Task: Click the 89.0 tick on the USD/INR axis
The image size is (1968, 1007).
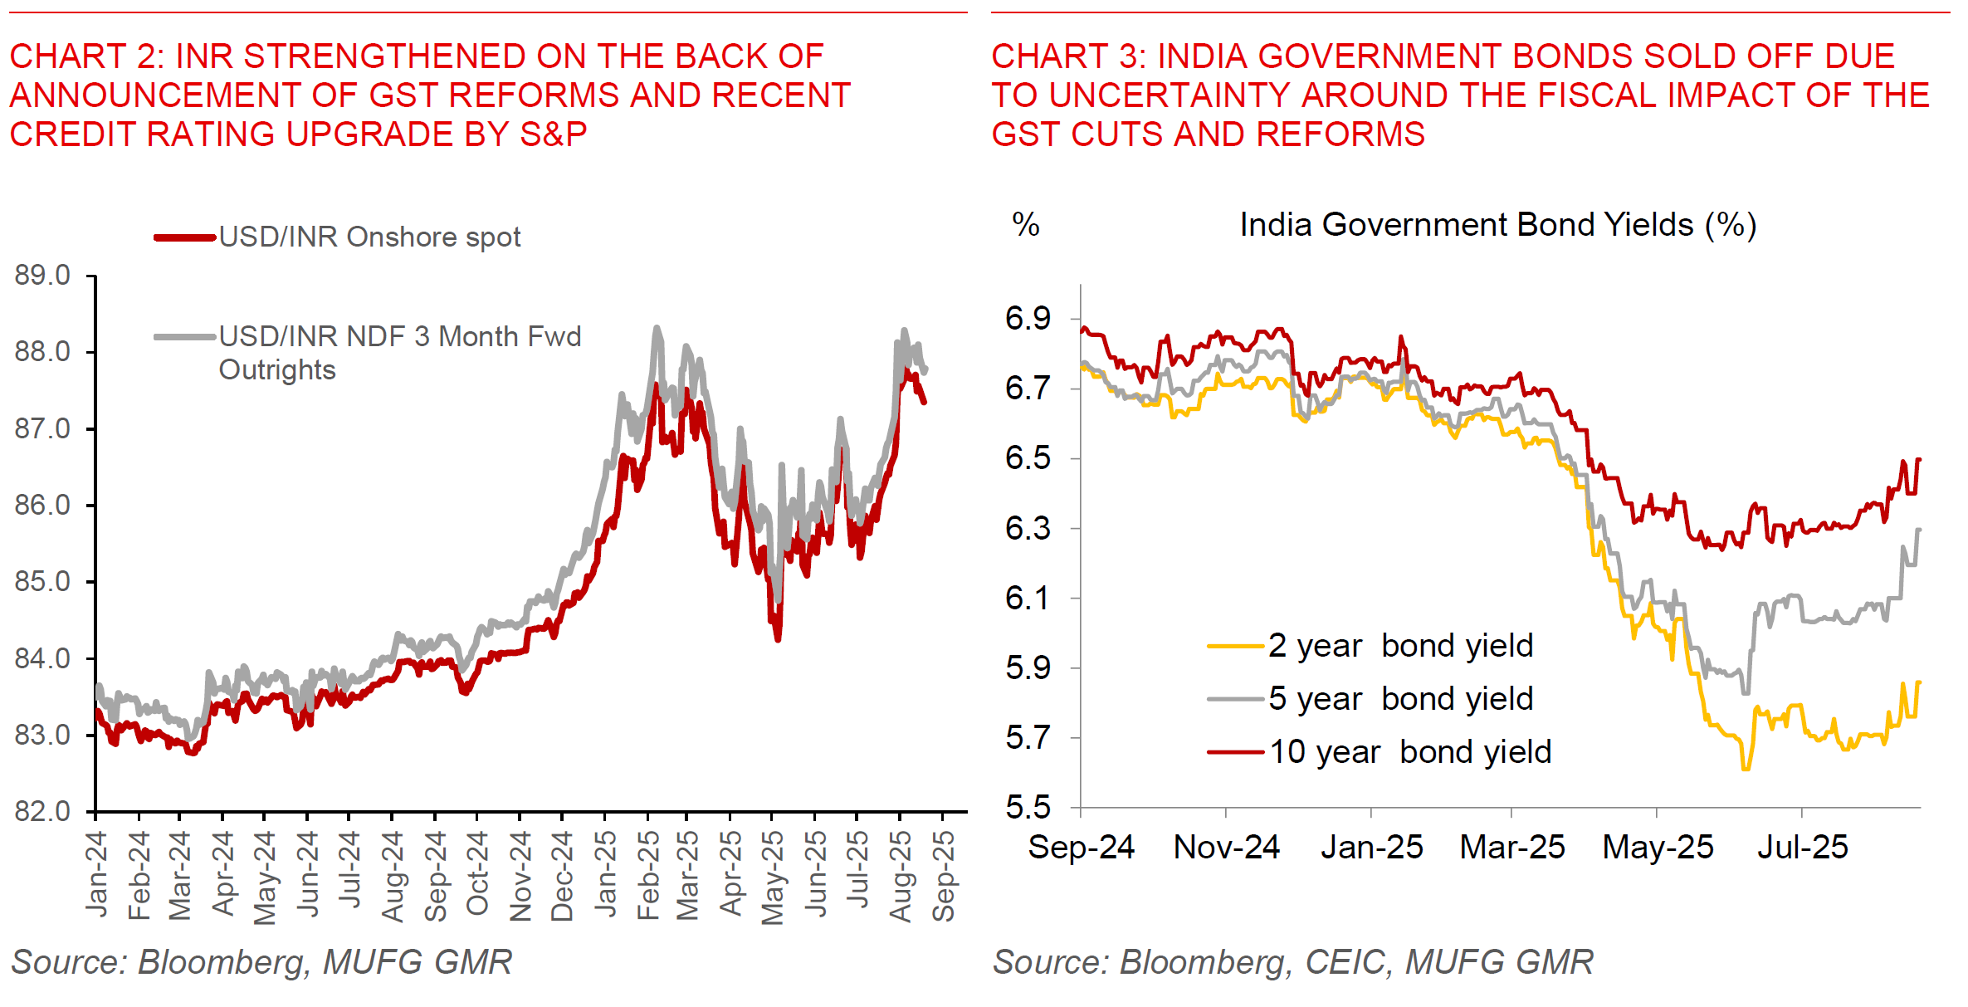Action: pyautogui.click(x=42, y=276)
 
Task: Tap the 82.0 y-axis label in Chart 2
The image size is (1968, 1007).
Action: pyautogui.click(x=42, y=811)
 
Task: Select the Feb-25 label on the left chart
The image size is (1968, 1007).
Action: pyautogui.click(x=648, y=875)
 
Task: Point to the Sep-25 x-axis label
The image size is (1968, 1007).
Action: pyautogui.click(x=944, y=875)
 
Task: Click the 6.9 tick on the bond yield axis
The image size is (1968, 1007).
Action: pyautogui.click(x=1028, y=319)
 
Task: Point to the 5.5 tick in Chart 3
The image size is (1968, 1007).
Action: pyautogui.click(x=1028, y=807)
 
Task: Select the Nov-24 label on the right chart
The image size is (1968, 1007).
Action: pyautogui.click(x=1226, y=848)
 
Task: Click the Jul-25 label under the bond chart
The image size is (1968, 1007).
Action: pyautogui.click(x=1802, y=848)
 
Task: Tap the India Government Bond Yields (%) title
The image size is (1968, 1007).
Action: pyautogui.click(x=1497, y=225)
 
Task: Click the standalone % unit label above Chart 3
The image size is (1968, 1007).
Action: pyautogui.click(x=1026, y=225)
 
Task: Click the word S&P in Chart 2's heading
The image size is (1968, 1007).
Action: pyautogui.click(x=553, y=134)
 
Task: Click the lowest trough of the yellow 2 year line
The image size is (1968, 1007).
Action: pyautogui.click(x=1746, y=769)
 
